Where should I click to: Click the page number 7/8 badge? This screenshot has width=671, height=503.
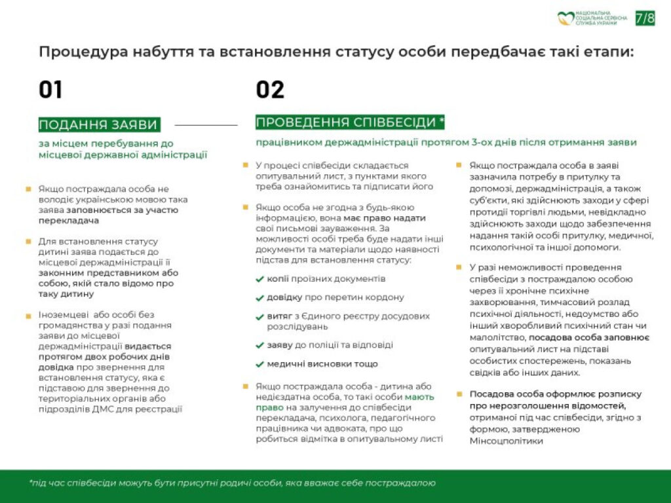point(645,18)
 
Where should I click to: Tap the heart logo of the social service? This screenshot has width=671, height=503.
point(566,18)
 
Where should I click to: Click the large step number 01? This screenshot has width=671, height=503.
point(50,90)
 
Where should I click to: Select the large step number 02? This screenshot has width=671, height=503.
point(270,90)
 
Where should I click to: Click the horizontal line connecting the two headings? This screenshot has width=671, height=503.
point(206,124)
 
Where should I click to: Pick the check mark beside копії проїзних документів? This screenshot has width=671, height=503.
point(260,279)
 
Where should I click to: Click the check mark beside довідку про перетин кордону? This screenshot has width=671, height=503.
point(260,297)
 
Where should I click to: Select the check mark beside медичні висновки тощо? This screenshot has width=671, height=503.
point(260,364)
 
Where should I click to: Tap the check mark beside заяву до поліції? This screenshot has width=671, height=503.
point(260,345)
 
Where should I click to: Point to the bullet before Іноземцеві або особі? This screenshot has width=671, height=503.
point(28,316)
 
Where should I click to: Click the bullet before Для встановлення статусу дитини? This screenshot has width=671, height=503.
point(28,241)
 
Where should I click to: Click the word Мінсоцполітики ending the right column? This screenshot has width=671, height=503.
point(507,441)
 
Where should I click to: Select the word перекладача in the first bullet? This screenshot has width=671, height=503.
point(66,221)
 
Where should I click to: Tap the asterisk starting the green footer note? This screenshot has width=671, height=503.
point(31,482)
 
